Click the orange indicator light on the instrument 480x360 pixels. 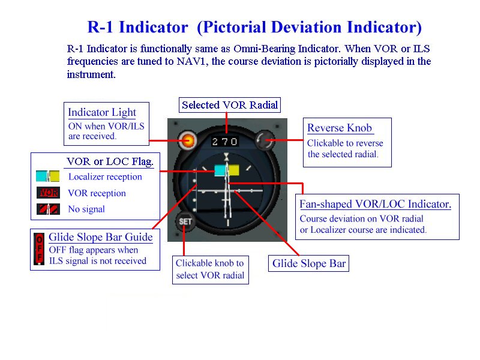click(x=188, y=140)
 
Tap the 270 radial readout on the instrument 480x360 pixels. click(x=226, y=142)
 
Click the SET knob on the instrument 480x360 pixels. click(x=185, y=221)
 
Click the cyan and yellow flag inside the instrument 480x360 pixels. click(x=227, y=170)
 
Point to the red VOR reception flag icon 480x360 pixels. click(x=48, y=193)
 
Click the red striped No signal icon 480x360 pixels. click(x=48, y=209)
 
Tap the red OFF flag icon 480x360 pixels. click(x=40, y=249)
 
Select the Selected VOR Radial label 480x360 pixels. click(x=230, y=105)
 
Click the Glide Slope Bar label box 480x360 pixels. click(x=308, y=263)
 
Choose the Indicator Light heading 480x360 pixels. click(x=102, y=112)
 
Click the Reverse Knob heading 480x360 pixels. click(x=340, y=128)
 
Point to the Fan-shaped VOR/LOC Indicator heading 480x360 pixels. click(x=375, y=204)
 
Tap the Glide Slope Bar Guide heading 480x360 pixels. click(x=100, y=237)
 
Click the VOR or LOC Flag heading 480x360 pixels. click(x=109, y=161)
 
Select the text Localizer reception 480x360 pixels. click(x=105, y=177)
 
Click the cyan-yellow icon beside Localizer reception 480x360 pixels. click(x=48, y=176)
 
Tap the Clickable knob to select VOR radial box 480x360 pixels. click(x=210, y=269)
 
